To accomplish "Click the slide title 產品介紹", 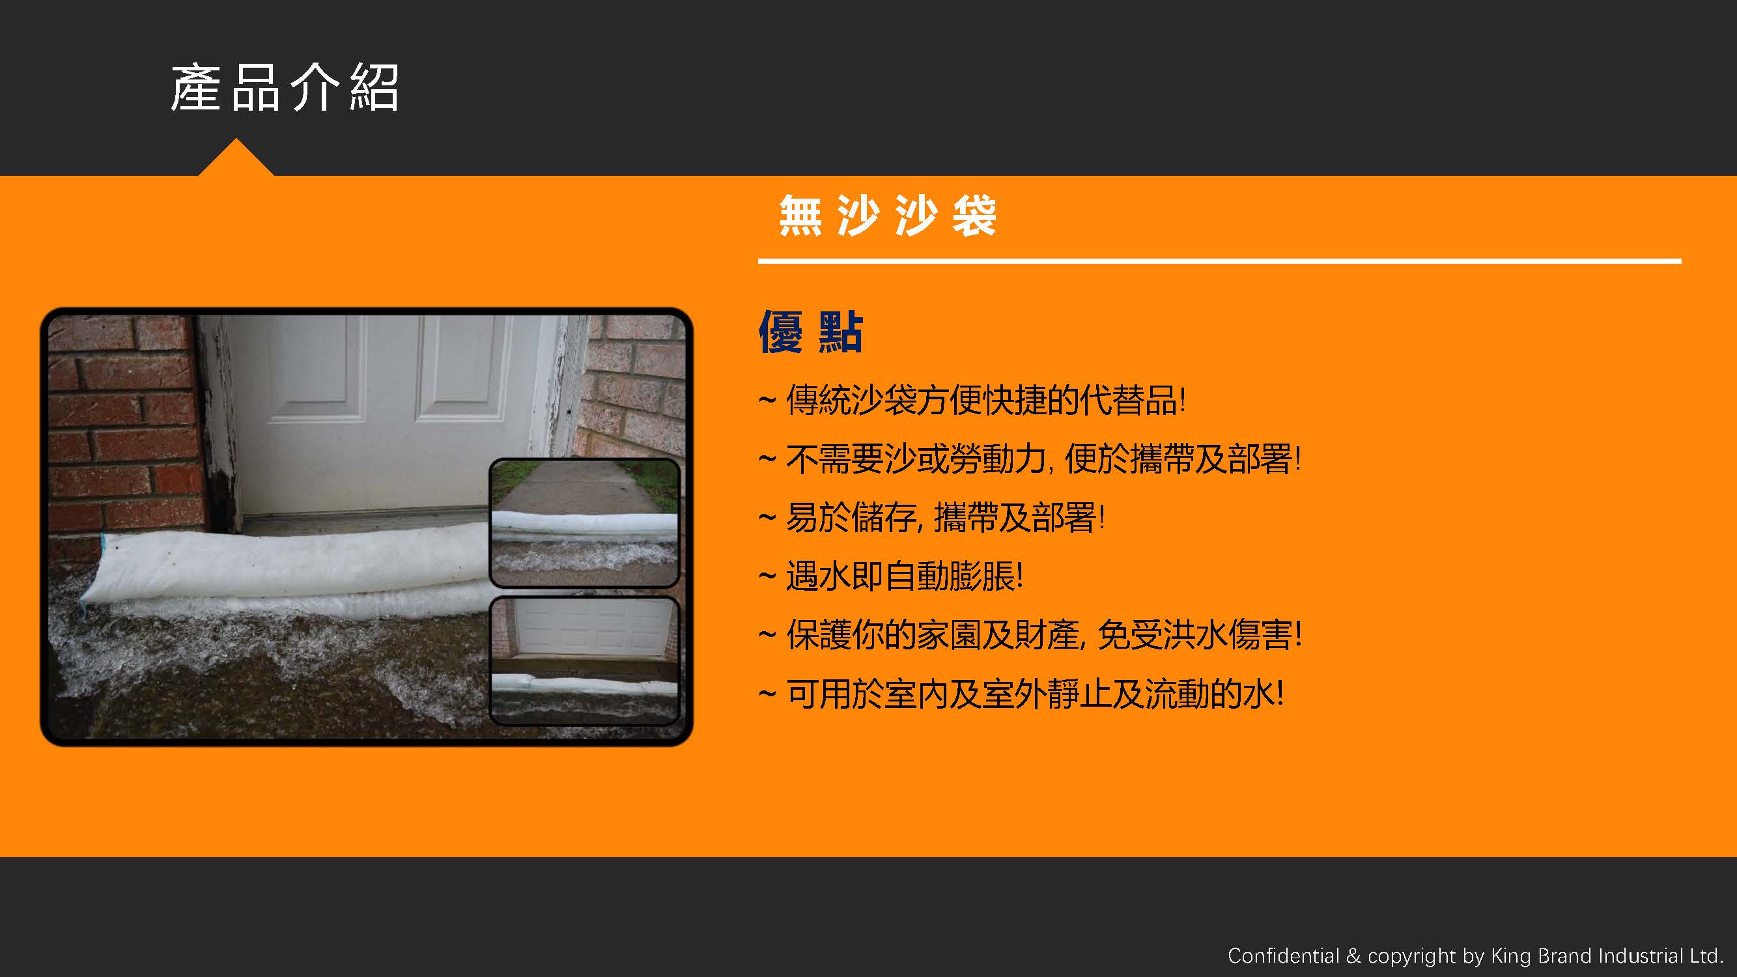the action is click(x=285, y=88).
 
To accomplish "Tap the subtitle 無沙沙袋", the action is click(x=887, y=215).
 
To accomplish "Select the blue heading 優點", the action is click(x=810, y=331).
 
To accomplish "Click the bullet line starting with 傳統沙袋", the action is click(x=972, y=401).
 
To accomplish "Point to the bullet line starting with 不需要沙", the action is click(x=1029, y=459).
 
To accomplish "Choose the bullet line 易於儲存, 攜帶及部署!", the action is click(x=931, y=518).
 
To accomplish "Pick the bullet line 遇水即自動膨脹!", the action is click(x=891, y=576).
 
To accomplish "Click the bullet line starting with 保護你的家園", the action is click(x=1030, y=635).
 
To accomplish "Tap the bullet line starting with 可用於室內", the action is click(x=1021, y=694).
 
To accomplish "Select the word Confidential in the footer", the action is click(x=1283, y=956).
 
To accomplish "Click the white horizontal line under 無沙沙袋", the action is click(x=1219, y=261).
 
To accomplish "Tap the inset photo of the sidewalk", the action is click(x=584, y=522).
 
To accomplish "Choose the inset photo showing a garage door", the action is click(x=584, y=660).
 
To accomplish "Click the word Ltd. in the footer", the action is click(x=1705, y=956).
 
